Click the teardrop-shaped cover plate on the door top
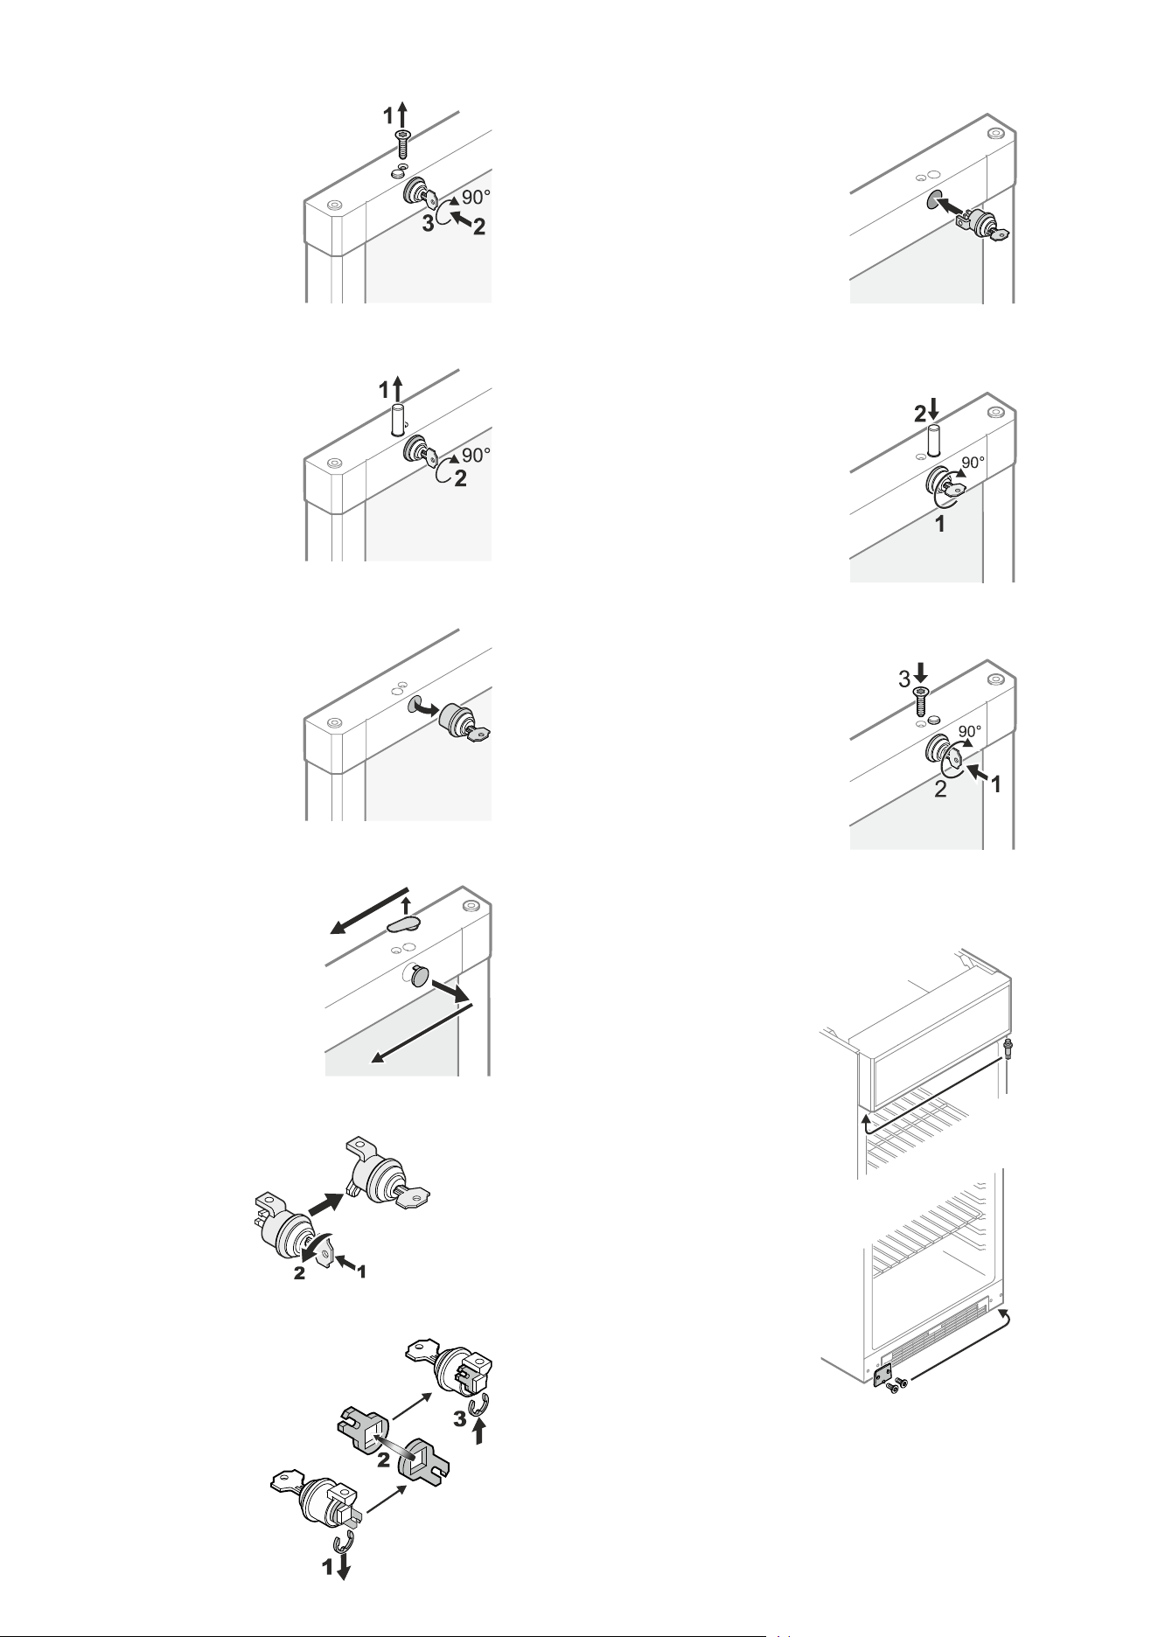tap(403, 924)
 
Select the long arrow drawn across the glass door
tap(422, 1033)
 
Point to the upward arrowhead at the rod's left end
tap(867, 1118)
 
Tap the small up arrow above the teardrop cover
tap(404, 905)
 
